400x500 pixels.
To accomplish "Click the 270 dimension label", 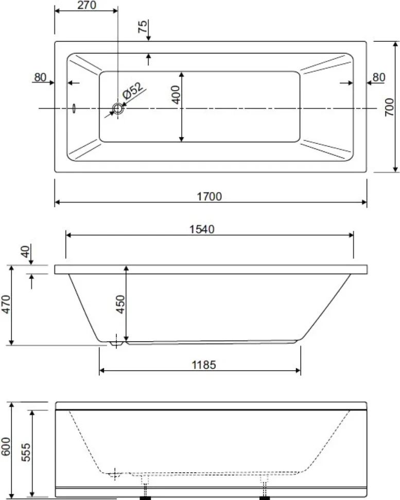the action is (86, 5).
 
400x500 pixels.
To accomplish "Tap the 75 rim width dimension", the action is (143, 26).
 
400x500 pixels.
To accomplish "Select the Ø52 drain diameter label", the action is (133, 91).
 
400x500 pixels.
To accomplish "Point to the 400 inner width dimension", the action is (176, 95).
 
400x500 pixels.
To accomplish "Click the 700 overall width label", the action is (389, 107).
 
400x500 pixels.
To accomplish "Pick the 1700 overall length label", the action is (209, 196).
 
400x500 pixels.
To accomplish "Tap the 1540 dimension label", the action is (202, 229).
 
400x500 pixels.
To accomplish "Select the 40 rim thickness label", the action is (25, 252).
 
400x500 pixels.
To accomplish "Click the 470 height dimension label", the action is (6, 305).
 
